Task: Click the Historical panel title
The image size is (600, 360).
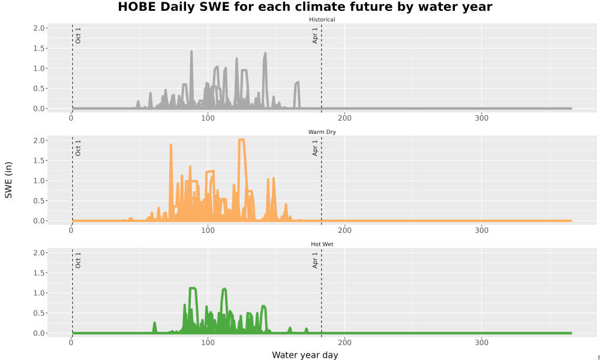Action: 322,20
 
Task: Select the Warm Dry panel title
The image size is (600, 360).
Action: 322,132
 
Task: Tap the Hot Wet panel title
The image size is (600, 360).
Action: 322,244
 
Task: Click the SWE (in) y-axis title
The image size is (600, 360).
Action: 8,180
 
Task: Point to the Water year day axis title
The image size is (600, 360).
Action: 305,355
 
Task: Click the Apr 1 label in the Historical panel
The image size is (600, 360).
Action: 315,35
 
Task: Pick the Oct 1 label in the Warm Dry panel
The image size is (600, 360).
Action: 78,148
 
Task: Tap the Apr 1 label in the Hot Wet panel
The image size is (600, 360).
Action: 315,260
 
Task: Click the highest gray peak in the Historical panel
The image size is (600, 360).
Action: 191,51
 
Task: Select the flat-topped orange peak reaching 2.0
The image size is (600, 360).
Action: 241,140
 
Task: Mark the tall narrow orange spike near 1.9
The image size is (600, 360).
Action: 170,145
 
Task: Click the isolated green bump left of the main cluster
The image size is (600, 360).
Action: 155,323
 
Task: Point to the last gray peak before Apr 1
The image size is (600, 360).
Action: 297,83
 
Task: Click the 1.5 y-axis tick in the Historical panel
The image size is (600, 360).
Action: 40,48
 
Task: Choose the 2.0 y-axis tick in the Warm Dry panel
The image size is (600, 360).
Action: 40,140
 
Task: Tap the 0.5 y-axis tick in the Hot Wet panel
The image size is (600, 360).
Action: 40,313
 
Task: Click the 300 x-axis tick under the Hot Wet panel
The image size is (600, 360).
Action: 481,343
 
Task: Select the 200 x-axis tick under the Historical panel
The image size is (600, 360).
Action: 344,118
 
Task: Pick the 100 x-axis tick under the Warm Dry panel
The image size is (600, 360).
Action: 208,230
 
